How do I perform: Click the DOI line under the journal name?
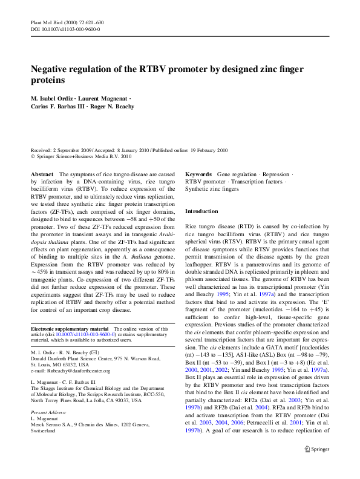65,28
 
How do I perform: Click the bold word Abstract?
42,174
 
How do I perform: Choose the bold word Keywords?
198,174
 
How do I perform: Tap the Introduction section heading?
201,211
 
